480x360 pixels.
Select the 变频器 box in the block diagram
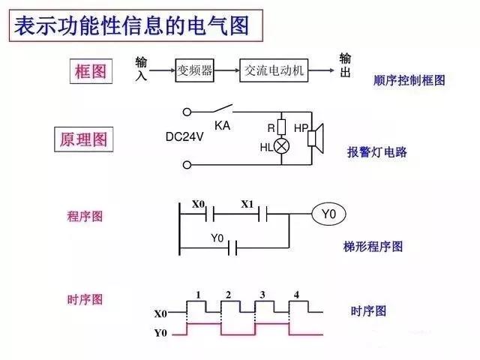coord(194,70)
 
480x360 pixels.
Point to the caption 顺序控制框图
coord(409,80)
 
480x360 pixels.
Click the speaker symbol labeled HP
coord(315,137)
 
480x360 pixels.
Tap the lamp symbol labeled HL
coord(282,147)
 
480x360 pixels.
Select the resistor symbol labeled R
coord(282,127)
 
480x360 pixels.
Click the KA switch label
coord(222,125)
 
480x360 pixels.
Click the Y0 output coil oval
coord(328,215)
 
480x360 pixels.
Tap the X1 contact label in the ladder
coord(248,204)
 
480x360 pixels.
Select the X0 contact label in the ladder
coord(198,204)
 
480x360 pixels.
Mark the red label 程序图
coord(85,216)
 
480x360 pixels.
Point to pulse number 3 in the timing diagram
coord(262,294)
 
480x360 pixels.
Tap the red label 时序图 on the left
coord(85,299)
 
